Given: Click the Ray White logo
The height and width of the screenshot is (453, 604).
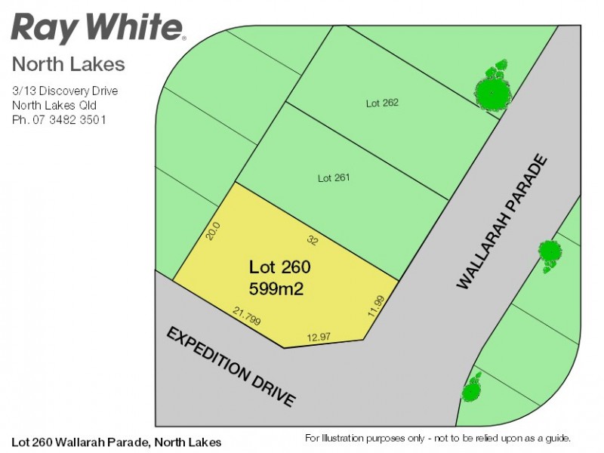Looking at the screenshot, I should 97,28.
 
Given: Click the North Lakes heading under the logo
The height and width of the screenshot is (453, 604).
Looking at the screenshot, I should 69,64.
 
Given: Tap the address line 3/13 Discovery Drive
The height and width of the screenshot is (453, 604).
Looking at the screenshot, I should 65,91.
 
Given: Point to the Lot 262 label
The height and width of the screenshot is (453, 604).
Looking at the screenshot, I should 382,103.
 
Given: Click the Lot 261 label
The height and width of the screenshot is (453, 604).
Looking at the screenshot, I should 333,178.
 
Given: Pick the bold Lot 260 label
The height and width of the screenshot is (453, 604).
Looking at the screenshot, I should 280,267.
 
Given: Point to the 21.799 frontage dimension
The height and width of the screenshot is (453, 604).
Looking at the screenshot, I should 247,316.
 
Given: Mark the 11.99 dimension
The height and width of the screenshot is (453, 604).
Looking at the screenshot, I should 376,305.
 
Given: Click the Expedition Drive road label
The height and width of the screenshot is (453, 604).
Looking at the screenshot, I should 230,367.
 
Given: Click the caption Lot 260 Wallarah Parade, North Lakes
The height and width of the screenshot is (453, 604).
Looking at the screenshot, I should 117,442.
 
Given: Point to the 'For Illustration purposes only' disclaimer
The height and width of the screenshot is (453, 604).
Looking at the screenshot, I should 437,438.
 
